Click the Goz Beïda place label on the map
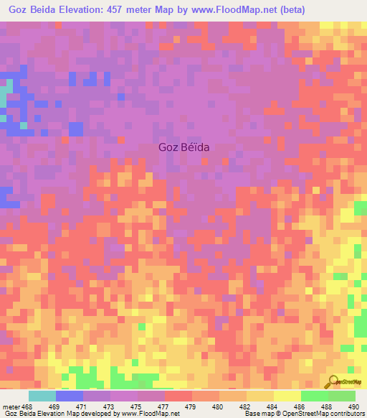pyautogui.click(x=183, y=147)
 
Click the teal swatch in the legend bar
pyautogui.click(x=42, y=396)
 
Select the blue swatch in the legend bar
pyautogui.click(x=70, y=396)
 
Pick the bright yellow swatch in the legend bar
pyautogui.click(x=287, y=396)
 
